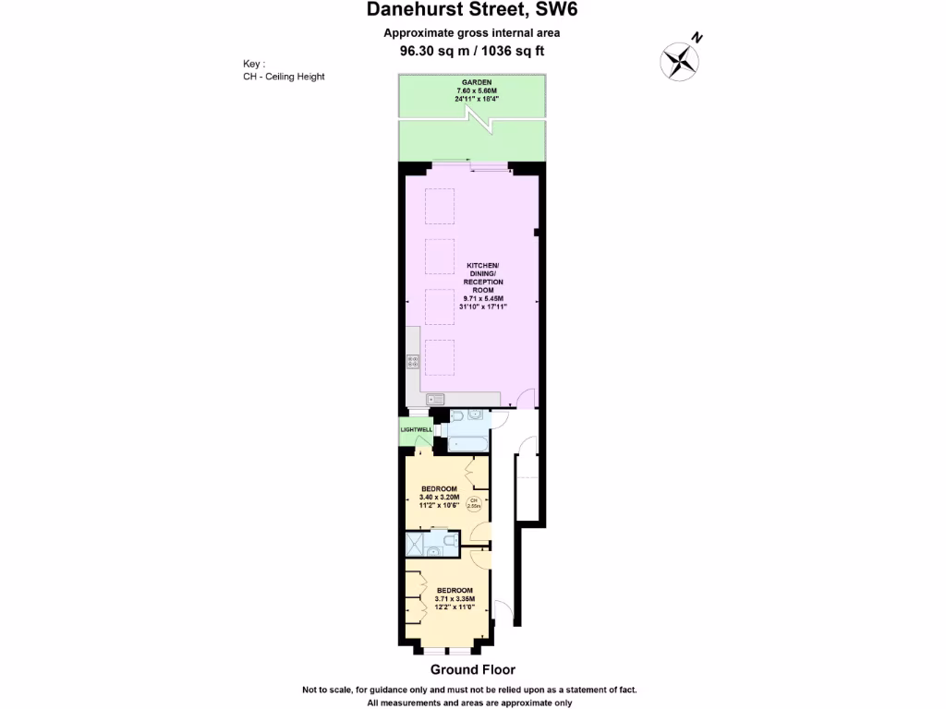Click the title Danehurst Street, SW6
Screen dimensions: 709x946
(x=472, y=11)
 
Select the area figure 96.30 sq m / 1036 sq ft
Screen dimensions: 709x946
(x=472, y=52)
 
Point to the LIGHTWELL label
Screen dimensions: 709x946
(x=416, y=430)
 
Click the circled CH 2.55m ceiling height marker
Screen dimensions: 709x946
(x=474, y=503)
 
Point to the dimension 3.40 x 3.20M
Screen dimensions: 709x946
(x=439, y=498)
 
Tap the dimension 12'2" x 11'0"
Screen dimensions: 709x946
(x=455, y=607)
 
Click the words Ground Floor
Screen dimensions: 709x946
(x=472, y=670)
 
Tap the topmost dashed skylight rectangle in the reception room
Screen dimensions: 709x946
(x=439, y=206)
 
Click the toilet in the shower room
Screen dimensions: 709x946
(x=447, y=540)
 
